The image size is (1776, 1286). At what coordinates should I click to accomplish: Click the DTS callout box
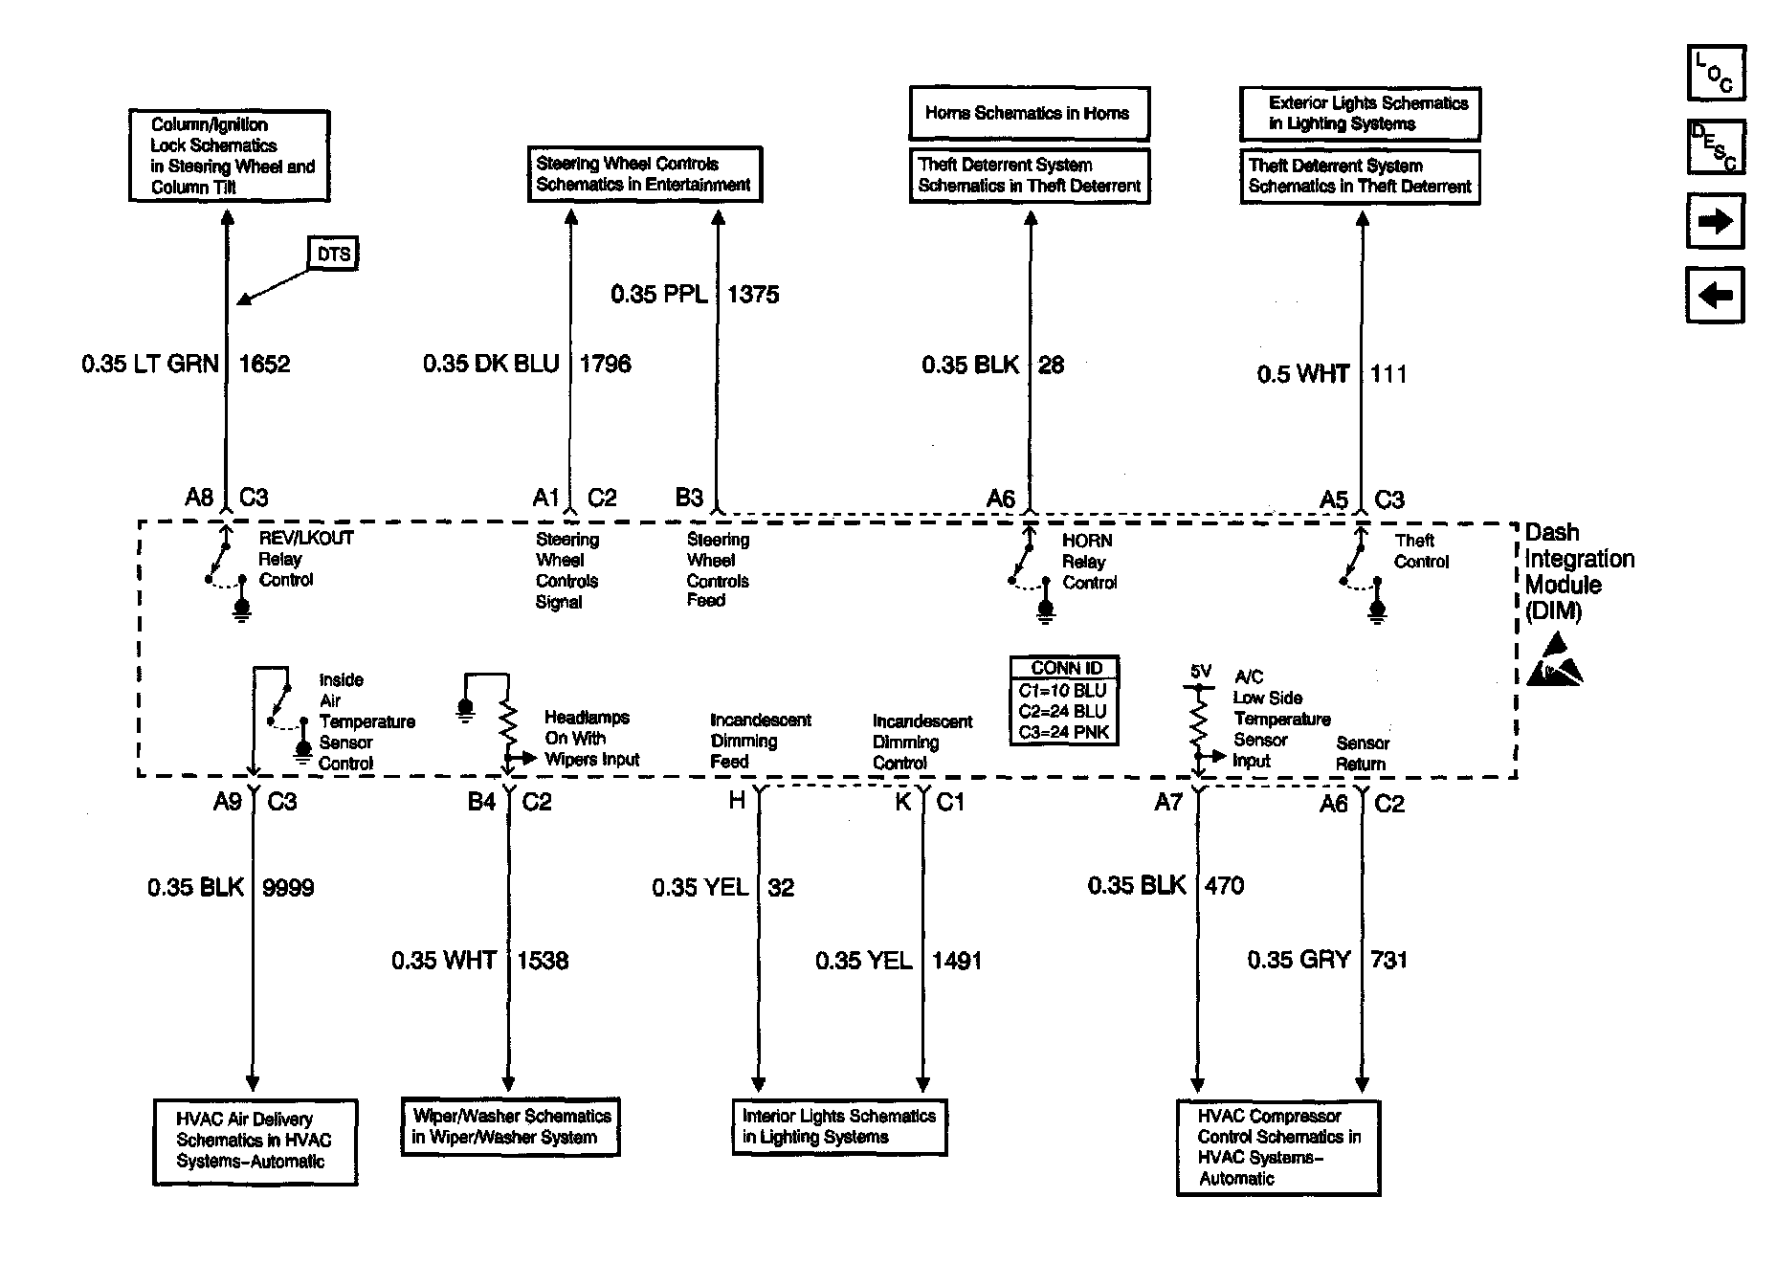tap(333, 254)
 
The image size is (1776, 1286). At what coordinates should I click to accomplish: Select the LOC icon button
tap(1715, 73)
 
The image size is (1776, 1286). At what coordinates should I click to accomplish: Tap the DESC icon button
tap(1715, 147)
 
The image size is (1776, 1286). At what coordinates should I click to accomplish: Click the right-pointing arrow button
tap(1715, 222)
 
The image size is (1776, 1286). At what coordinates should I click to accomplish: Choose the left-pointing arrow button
tap(1715, 295)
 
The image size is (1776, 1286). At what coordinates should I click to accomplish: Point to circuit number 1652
tap(264, 364)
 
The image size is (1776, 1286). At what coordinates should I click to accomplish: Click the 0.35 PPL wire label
tap(659, 294)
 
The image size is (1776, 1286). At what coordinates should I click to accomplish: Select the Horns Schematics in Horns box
tap(1028, 114)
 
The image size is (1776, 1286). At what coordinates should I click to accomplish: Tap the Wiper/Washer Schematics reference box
tap(510, 1126)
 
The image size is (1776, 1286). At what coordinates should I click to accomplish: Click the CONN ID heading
tap(1065, 668)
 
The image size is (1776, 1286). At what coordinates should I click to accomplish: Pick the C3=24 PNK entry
tap(1062, 732)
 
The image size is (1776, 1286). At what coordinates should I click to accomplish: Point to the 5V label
tap(1200, 672)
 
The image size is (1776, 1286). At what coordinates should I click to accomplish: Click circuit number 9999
tap(288, 888)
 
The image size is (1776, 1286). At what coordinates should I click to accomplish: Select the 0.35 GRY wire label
tap(1299, 960)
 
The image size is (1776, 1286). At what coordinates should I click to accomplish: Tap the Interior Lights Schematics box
tap(839, 1126)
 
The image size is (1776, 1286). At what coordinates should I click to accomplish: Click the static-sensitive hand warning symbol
tap(1553, 660)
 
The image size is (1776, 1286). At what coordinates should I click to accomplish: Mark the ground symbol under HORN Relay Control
tap(1046, 610)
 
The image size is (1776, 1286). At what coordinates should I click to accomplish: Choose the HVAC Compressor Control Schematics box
tap(1277, 1147)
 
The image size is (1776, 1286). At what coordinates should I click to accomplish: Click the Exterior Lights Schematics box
tap(1360, 114)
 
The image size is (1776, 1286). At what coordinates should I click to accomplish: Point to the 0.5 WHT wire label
tap(1302, 374)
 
